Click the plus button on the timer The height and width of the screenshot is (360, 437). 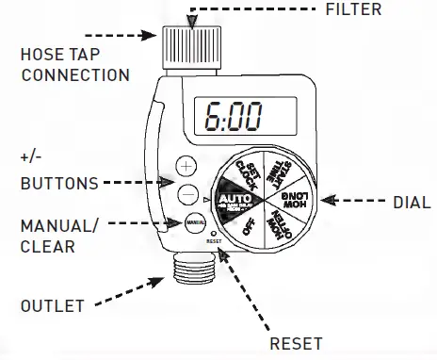pos(186,167)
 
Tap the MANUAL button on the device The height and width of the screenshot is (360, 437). pos(195,223)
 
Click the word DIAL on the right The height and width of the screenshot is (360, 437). pos(411,202)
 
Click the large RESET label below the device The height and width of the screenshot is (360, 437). pos(296,342)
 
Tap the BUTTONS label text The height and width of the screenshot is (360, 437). pos(58,183)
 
